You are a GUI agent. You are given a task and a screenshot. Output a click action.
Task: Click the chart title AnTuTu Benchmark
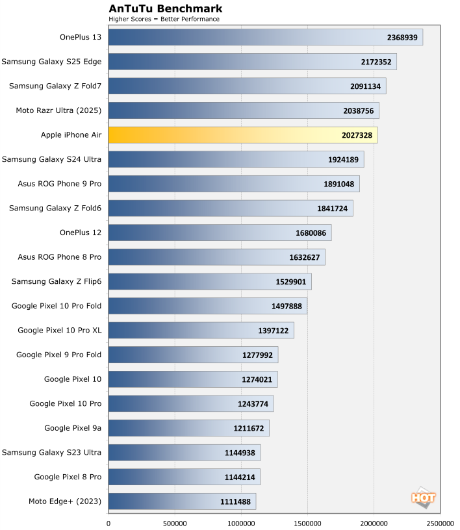(x=165, y=8)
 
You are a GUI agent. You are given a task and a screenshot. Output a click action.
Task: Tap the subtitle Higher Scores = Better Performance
(x=164, y=19)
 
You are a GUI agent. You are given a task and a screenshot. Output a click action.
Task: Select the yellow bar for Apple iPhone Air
(x=242, y=135)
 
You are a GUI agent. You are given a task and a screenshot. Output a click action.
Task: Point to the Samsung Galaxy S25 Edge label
(x=51, y=62)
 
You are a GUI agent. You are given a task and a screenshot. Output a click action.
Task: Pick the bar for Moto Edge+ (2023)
(x=182, y=501)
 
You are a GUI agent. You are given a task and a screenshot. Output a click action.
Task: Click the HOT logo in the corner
(x=423, y=497)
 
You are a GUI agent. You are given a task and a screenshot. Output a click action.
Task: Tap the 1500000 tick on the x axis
(x=307, y=522)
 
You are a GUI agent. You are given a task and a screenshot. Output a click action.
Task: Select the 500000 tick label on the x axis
(x=174, y=522)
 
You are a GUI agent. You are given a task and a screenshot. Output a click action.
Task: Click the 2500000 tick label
(x=440, y=522)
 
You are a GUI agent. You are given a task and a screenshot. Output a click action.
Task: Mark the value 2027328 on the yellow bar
(x=351, y=135)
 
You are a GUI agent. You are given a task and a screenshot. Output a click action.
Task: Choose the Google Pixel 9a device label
(x=73, y=428)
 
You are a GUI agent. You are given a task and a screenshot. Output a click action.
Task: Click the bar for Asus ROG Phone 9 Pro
(x=233, y=184)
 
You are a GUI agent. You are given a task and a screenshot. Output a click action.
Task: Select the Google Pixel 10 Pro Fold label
(x=57, y=306)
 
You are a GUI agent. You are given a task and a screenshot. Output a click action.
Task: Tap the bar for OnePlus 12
(x=220, y=233)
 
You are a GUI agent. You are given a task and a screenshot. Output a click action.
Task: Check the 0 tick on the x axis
(x=109, y=522)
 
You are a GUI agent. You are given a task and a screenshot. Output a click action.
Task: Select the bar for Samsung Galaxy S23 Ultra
(x=184, y=453)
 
